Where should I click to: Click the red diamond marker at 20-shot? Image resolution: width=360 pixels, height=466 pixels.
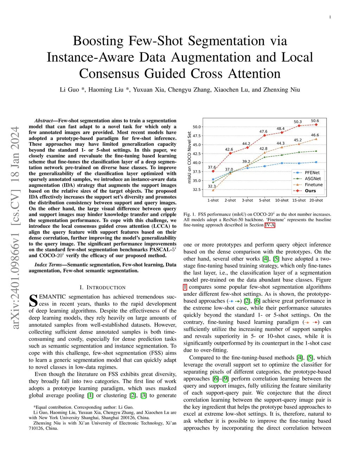tap(316, 125)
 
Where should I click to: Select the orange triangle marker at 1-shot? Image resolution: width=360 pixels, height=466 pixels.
tap(213, 190)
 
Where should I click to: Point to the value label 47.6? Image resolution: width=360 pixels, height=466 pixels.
tap(263, 132)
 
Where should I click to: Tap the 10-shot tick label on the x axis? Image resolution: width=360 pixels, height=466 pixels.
tap(282, 200)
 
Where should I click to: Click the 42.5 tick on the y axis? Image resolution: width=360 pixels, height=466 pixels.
tap(197, 154)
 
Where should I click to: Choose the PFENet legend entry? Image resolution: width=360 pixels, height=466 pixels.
tap(312, 173)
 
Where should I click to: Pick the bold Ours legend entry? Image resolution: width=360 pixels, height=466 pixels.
tap(310, 191)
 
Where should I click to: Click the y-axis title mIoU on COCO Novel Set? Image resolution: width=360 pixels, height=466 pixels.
tap(189, 157)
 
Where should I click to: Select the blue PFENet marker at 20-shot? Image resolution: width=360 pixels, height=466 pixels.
tap(316, 162)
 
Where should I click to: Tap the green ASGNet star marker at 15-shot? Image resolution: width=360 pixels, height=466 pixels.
tap(299, 152)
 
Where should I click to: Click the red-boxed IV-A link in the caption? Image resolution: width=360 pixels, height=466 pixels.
tap(270, 225)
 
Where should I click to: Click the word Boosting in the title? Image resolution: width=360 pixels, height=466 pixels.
tap(98, 41)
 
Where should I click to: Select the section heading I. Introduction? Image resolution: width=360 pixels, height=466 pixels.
tap(102, 287)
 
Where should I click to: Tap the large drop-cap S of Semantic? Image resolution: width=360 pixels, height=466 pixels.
tap(33, 300)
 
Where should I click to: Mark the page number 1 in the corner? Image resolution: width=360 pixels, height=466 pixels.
tap(330, 17)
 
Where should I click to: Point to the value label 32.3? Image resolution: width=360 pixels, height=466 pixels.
tap(212, 186)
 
